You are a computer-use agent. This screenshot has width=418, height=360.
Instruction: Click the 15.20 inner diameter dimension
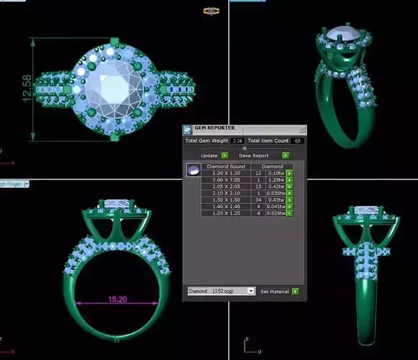click(x=117, y=298)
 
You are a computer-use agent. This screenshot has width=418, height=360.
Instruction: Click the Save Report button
click(x=253, y=155)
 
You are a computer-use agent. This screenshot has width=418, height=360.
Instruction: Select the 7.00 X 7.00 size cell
click(x=227, y=179)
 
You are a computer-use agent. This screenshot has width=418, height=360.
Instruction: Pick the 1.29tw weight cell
click(x=274, y=179)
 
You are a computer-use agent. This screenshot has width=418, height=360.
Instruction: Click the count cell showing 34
click(x=258, y=199)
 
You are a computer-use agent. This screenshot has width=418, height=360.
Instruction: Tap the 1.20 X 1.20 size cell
click(x=227, y=213)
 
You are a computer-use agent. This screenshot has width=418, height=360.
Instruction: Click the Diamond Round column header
click(x=227, y=166)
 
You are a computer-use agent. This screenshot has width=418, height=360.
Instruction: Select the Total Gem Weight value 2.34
click(x=237, y=140)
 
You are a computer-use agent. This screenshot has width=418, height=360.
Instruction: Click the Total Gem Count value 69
click(x=297, y=140)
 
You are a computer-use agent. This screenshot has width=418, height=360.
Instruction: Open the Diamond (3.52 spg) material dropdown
click(x=221, y=291)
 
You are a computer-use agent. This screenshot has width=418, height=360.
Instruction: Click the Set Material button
click(x=274, y=291)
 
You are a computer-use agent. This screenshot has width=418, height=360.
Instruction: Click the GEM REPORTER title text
click(x=215, y=128)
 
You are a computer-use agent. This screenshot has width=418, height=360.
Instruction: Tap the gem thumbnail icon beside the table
click(x=192, y=170)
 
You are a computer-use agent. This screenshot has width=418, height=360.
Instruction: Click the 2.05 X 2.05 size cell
click(x=227, y=186)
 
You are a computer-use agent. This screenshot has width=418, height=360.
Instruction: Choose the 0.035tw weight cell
click(x=274, y=193)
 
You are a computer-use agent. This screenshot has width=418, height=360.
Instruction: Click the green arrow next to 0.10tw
click(x=289, y=173)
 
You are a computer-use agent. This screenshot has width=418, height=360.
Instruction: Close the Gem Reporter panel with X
click(x=302, y=129)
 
